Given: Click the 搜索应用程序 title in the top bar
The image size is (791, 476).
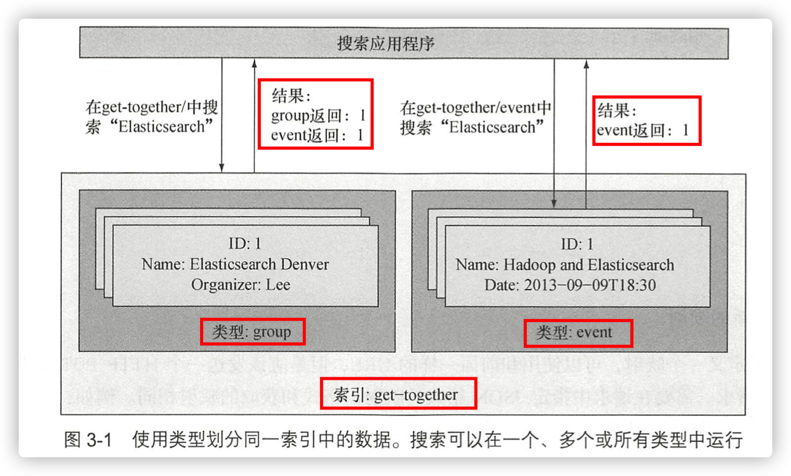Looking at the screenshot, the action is [x=386, y=43].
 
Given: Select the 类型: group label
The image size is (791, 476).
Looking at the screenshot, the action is [x=252, y=332].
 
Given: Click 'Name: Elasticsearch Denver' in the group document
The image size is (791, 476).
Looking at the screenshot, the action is [x=235, y=264].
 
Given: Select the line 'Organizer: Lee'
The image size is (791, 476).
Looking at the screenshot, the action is [x=241, y=285].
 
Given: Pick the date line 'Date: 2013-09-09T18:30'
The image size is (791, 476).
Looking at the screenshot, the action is [x=570, y=285].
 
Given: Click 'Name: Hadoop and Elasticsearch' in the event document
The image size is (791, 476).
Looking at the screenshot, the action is [x=565, y=265].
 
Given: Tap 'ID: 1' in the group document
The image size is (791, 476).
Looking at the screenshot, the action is [x=245, y=243].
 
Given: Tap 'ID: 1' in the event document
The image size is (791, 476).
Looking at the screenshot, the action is [x=577, y=244].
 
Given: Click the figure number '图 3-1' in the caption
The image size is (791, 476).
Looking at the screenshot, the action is [x=88, y=440].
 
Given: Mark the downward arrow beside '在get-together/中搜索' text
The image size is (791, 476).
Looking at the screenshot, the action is [x=222, y=114].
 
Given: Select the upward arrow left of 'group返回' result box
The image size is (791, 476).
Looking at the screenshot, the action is [x=254, y=114].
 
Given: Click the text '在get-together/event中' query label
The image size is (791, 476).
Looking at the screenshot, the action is [x=476, y=108].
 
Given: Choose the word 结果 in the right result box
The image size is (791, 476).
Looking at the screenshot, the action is [x=614, y=110].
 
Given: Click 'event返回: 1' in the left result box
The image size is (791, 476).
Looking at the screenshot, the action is [x=317, y=136].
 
